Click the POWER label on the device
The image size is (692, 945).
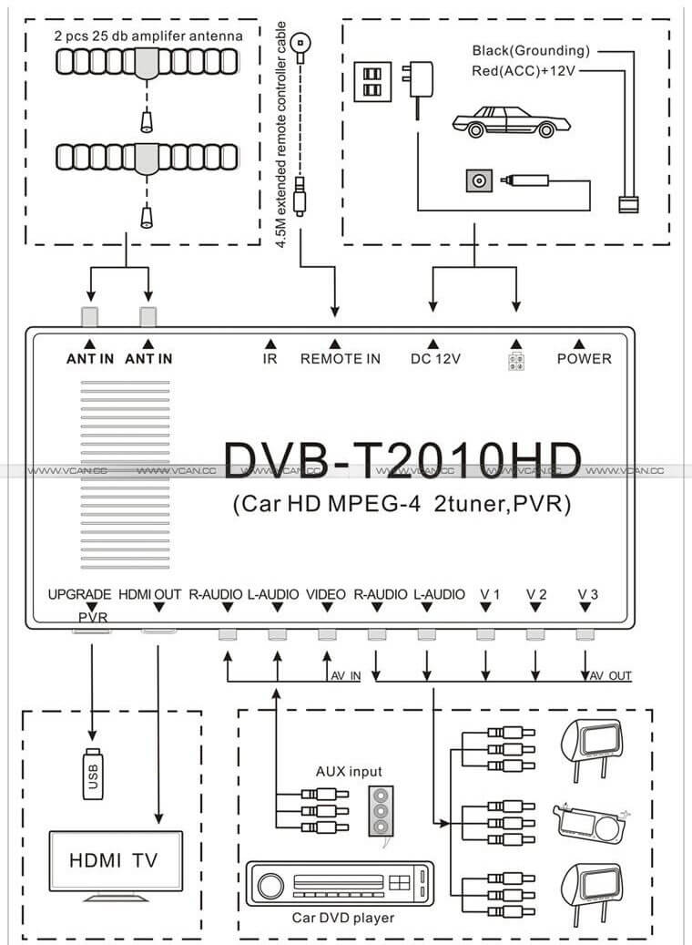(584, 358)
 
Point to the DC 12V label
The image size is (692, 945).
(436, 358)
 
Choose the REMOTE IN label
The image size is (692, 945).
(341, 358)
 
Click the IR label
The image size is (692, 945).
(270, 358)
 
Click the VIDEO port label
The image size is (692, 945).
(326, 594)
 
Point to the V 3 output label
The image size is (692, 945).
(587, 594)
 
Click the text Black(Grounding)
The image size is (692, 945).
(531, 50)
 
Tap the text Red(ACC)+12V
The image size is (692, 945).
(526, 70)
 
